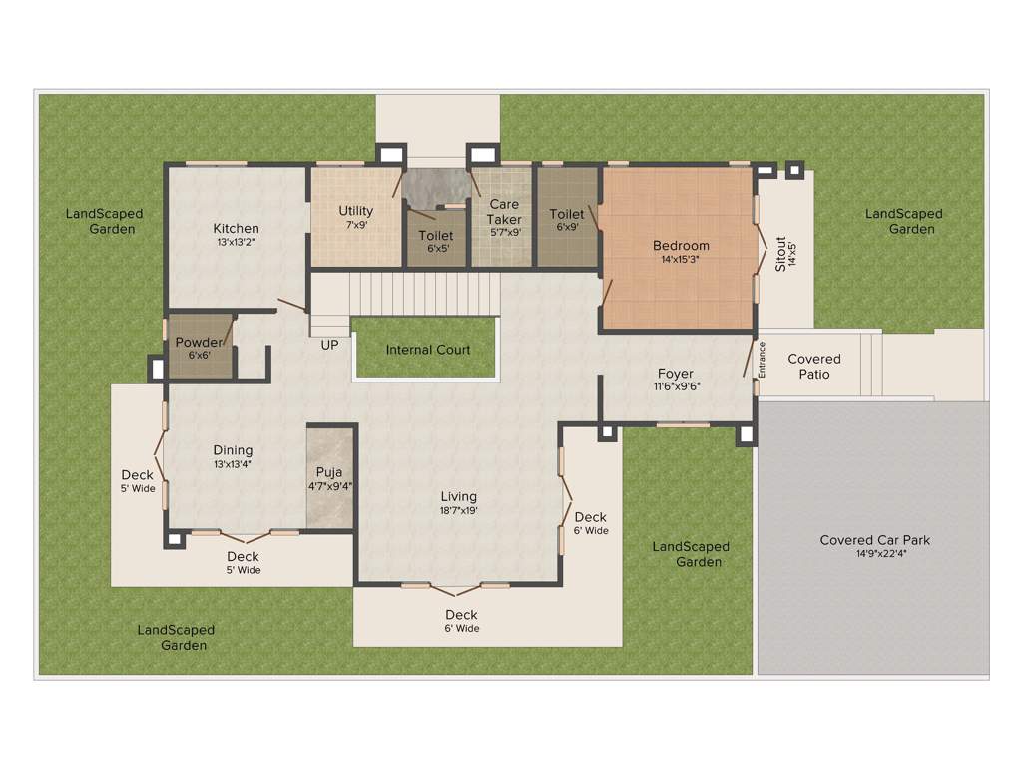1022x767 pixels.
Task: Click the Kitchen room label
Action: [236, 229]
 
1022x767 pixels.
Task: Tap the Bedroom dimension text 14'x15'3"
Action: [681, 260]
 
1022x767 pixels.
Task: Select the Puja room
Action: [330, 477]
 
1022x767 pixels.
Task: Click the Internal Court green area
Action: [427, 350]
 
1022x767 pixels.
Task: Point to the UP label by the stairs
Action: [329, 346]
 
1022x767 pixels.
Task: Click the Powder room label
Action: [199, 343]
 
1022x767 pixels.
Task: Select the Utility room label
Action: [355, 211]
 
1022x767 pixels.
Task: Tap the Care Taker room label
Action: [504, 212]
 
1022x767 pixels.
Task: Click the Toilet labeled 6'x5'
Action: [436, 236]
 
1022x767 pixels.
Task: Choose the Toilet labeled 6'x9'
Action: [567, 214]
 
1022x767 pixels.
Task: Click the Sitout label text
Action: [781, 254]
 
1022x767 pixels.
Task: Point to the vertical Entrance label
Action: [762, 359]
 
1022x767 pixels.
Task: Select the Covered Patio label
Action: [814, 366]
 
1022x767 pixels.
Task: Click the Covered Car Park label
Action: [875, 540]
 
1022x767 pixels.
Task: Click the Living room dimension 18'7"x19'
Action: [459, 510]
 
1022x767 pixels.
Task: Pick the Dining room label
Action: [233, 450]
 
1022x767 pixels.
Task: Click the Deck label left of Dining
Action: [138, 475]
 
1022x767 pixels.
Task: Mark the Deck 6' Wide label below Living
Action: [461, 621]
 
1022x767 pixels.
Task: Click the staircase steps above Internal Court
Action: [424, 293]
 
